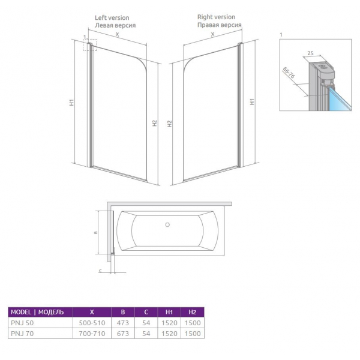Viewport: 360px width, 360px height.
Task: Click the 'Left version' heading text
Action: coord(112,17)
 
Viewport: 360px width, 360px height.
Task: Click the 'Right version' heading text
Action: coord(216,17)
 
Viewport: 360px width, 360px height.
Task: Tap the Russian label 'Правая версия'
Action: coord(219,25)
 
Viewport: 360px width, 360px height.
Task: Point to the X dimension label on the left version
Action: coord(118,34)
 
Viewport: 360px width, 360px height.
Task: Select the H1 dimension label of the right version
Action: coord(252,101)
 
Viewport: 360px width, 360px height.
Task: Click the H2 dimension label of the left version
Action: coord(155,123)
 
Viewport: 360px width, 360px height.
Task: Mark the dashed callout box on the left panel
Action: coord(90,45)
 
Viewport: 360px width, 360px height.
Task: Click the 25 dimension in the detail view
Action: coord(310,53)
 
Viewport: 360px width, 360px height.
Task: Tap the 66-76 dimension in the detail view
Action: coord(289,73)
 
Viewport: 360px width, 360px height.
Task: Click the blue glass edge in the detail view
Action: coord(340,99)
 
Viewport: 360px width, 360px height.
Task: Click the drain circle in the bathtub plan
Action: coord(167,225)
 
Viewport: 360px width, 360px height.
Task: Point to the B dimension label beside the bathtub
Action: coord(96,233)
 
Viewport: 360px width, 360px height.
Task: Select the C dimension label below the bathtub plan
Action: coord(100,271)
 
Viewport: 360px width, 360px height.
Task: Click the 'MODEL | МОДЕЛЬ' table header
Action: coord(37,312)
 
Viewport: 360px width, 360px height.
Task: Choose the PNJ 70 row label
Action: coord(22,334)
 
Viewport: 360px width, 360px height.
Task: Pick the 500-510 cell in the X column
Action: coord(92,323)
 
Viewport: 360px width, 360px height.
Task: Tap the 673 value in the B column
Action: coord(123,334)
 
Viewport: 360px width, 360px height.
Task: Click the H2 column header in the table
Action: coord(193,312)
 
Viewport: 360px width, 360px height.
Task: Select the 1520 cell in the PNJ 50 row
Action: coord(169,323)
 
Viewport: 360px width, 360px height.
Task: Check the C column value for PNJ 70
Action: coord(146,334)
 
